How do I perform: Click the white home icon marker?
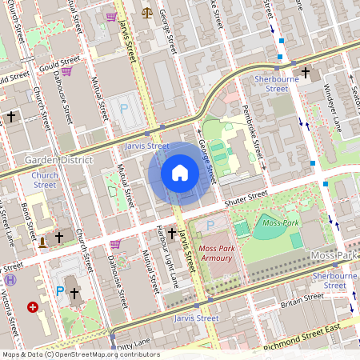pyautogui.click(x=180, y=172)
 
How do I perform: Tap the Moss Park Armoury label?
pyautogui.click(x=215, y=253)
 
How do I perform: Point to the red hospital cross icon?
pyautogui.click(x=33, y=306)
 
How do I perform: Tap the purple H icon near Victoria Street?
pyautogui.click(x=10, y=281)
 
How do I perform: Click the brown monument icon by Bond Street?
pyautogui.click(x=42, y=239)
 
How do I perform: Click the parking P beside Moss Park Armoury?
pyautogui.click(x=210, y=226)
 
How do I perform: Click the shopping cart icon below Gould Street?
pyautogui.click(x=66, y=71)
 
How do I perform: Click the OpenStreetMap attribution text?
pyautogui.click(x=80, y=354)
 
